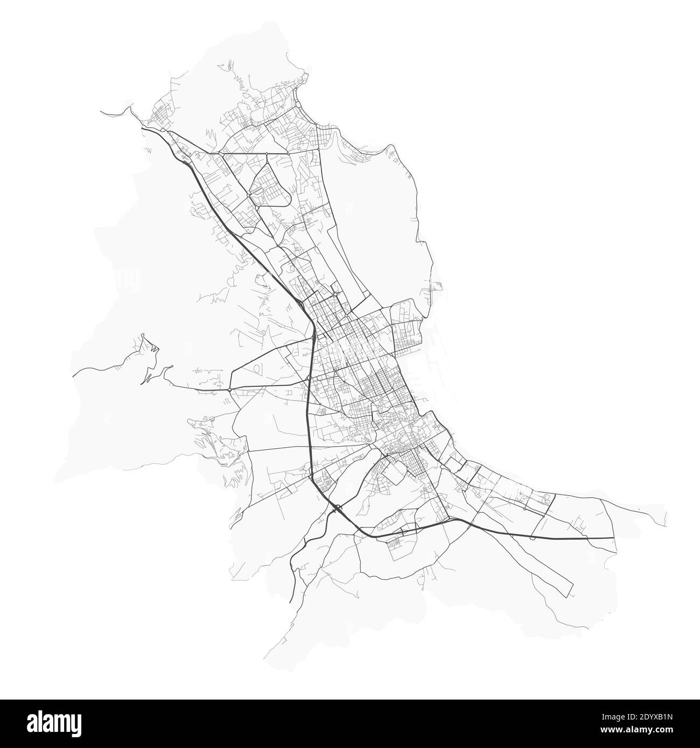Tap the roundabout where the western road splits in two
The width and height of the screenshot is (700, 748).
point(230,389)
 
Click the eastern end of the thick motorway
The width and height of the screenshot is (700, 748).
point(613,538)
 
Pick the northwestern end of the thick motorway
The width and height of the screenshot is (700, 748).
point(142,128)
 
